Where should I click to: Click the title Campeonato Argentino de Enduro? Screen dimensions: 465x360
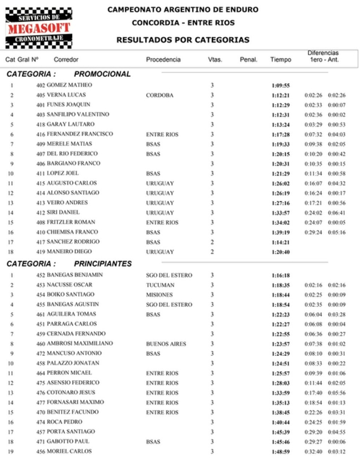point(183,10)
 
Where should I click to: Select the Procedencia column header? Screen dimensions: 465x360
point(163,59)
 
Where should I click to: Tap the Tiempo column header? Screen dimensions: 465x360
point(280,59)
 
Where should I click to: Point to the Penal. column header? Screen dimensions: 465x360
point(248,59)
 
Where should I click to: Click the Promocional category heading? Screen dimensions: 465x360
point(102,74)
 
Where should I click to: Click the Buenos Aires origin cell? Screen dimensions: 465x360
point(166,344)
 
